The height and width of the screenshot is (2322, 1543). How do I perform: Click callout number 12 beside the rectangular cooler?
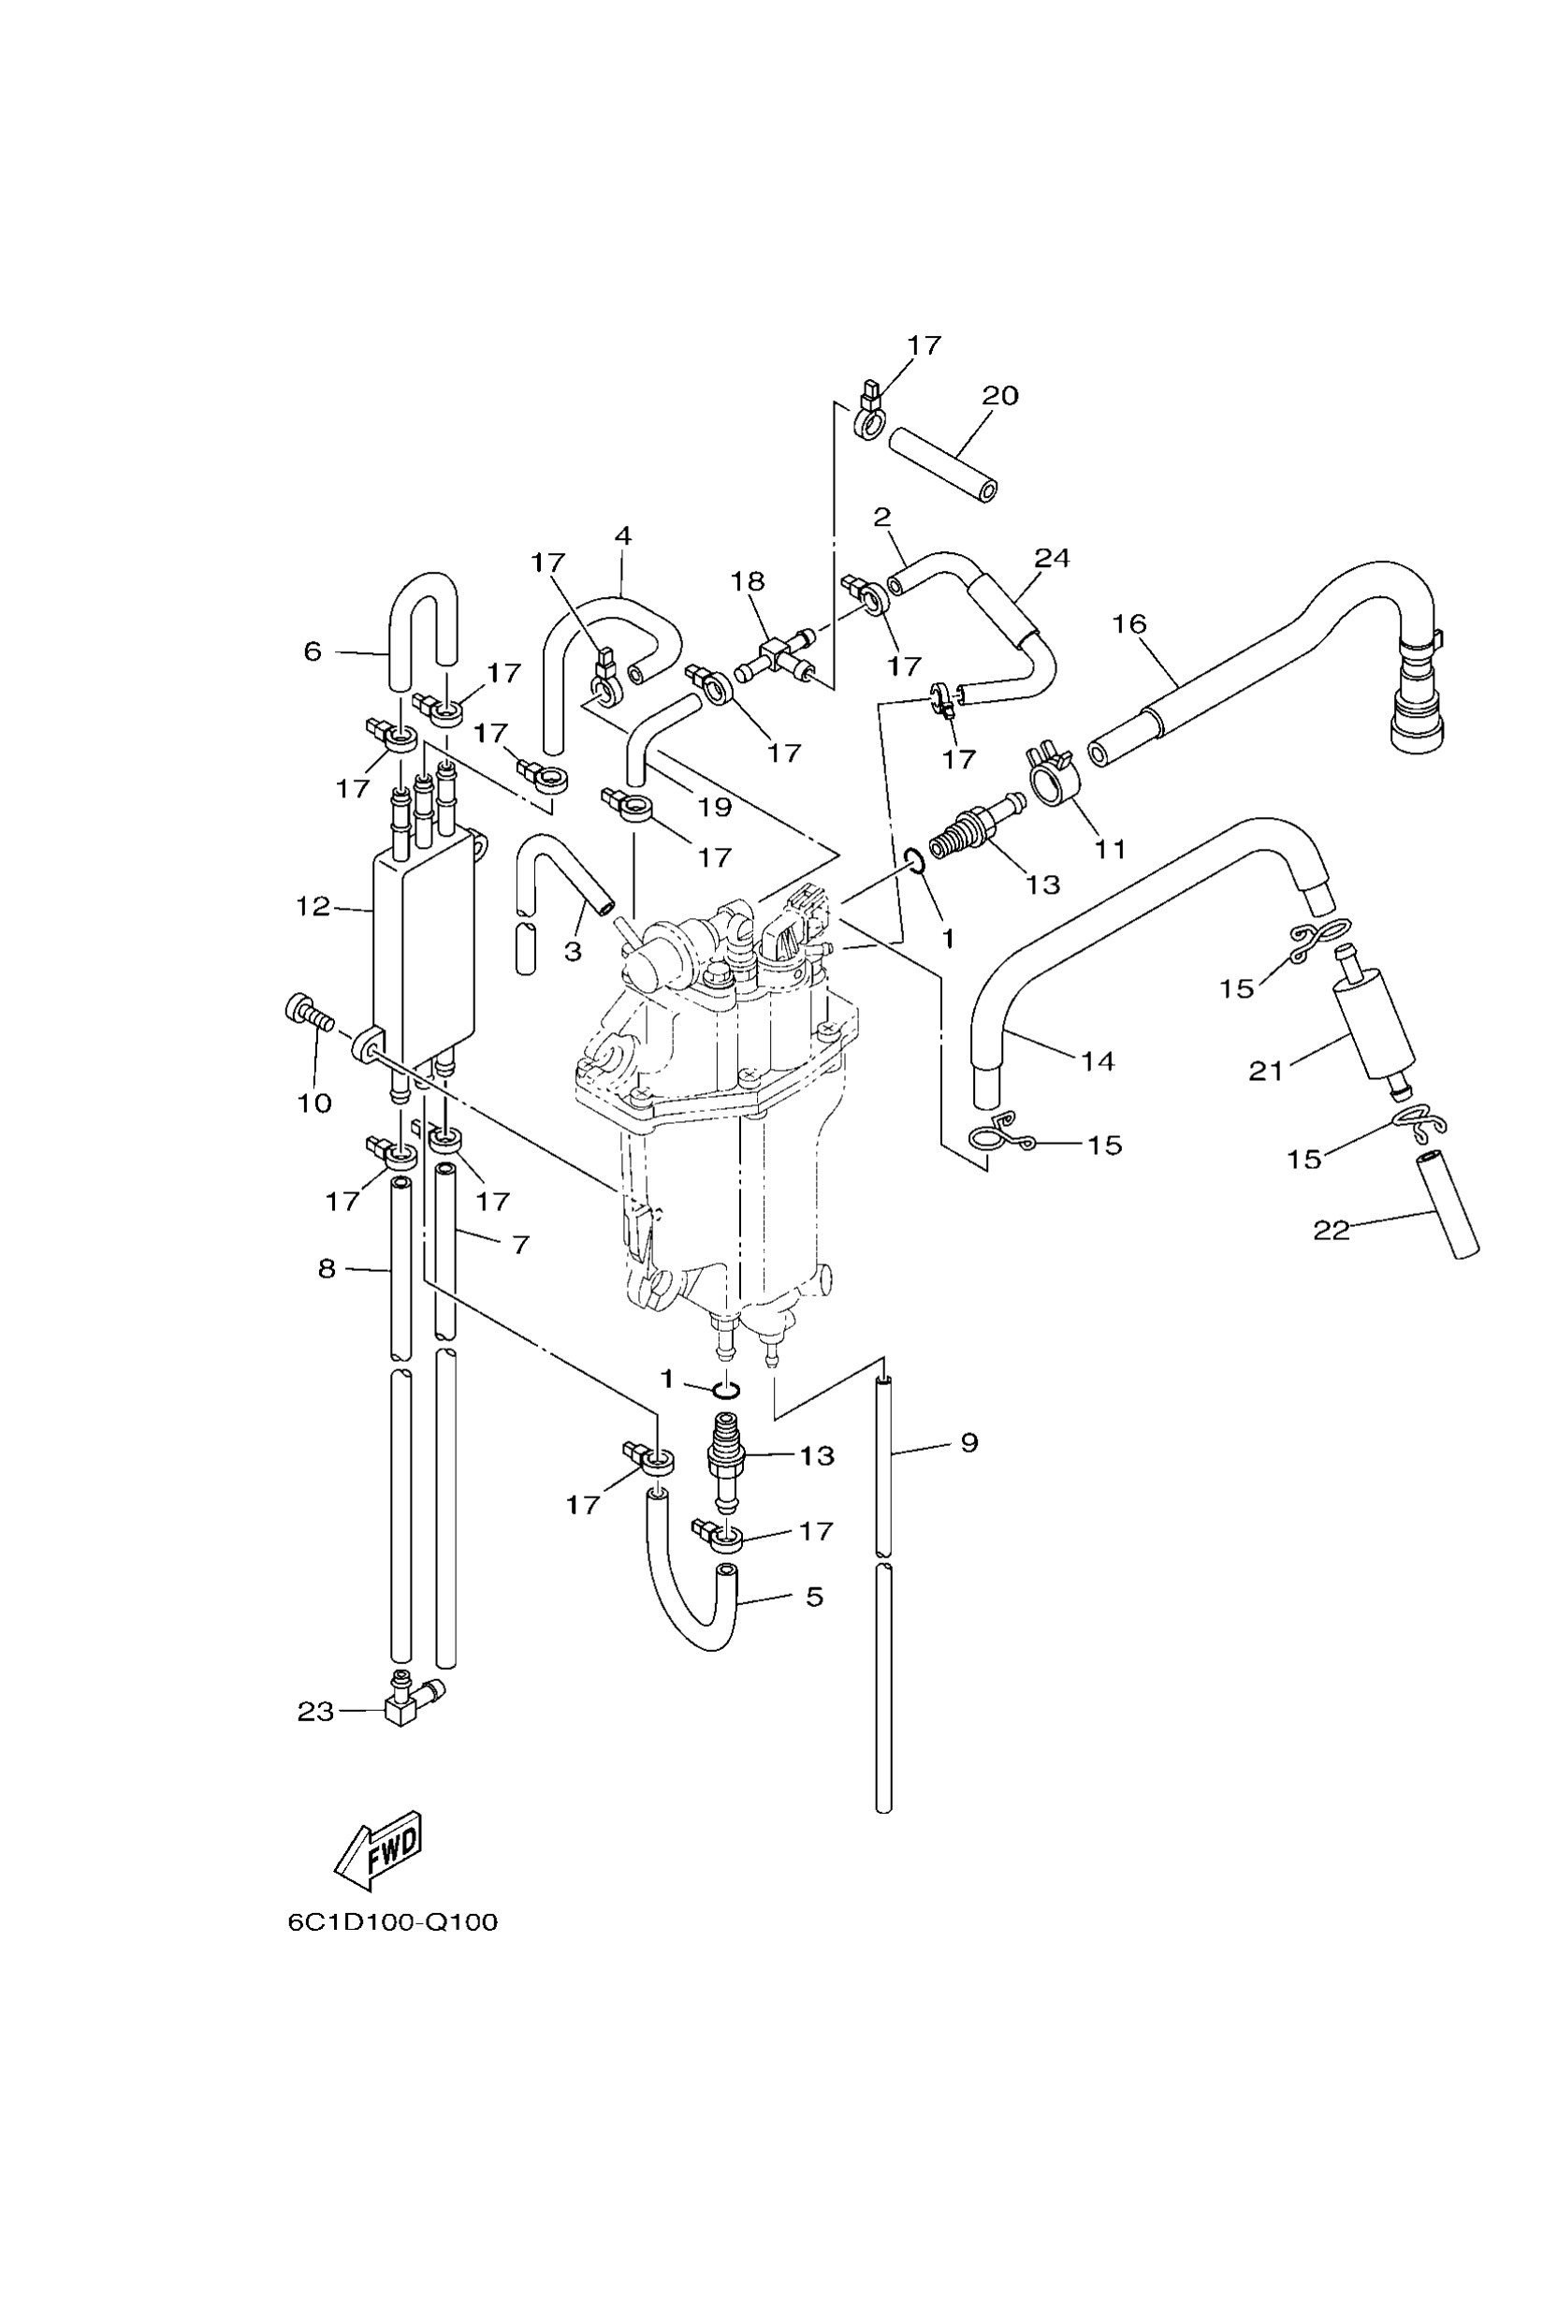(313, 907)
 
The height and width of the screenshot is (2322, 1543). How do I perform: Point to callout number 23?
(316, 1712)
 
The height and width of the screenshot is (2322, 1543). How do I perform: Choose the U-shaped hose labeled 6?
(423, 631)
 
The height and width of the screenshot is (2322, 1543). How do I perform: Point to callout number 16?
(1129, 623)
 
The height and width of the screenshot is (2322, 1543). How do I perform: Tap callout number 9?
(969, 1442)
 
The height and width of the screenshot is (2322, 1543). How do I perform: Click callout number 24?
(1051, 558)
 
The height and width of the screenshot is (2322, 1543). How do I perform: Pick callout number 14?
(1098, 1061)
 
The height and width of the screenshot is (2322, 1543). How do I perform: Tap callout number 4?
(622, 536)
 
